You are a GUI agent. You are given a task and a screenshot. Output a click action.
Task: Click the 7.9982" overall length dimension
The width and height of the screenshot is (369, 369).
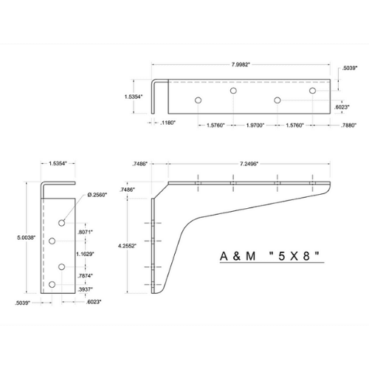[x=239, y=64]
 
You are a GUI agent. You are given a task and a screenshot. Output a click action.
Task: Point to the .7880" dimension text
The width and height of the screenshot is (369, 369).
[x=331, y=125]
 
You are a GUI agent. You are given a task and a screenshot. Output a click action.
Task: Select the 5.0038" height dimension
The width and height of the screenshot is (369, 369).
[x=15, y=238]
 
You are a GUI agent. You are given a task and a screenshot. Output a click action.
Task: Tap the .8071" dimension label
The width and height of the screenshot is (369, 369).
[x=87, y=231]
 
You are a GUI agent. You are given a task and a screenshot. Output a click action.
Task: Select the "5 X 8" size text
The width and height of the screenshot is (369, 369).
[x=299, y=258]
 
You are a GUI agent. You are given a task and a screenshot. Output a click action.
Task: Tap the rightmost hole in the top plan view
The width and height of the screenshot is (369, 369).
[x=313, y=91]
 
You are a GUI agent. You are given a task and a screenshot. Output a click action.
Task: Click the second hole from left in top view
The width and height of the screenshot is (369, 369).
[x=233, y=91]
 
